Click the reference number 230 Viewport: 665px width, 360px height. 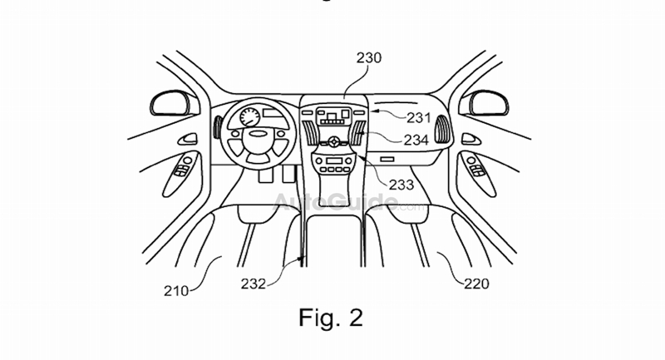(x=368, y=58)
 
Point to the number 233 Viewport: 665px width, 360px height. (x=401, y=184)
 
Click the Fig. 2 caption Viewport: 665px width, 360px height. (x=331, y=319)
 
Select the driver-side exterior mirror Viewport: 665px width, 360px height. (x=174, y=104)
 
